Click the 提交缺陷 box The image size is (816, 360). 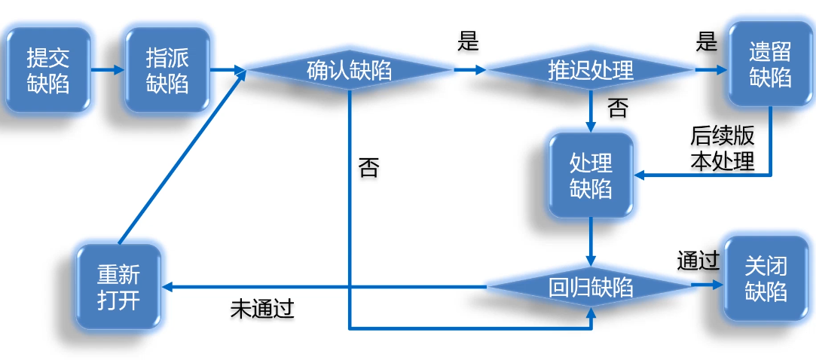(47, 71)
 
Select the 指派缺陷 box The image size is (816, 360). (167, 71)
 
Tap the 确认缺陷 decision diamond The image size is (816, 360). (349, 71)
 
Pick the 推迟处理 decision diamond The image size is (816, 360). (590, 71)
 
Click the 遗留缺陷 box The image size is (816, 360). (769, 65)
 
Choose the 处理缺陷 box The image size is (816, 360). (591, 175)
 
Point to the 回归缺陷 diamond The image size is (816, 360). (591, 287)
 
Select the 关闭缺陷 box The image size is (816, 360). (766, 279)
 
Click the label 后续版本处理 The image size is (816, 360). (723, 148)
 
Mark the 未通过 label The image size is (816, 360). (262, 309)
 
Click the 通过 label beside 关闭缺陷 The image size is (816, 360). (698, 261)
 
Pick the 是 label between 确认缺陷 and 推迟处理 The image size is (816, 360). (468, 41)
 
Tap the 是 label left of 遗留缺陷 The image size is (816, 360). (706, 41)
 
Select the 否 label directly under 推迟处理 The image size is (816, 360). (616, 109)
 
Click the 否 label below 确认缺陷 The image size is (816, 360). (368, 167)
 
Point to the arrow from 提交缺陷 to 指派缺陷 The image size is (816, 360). (108, 71)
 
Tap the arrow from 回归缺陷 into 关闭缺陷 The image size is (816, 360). (707, 286)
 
